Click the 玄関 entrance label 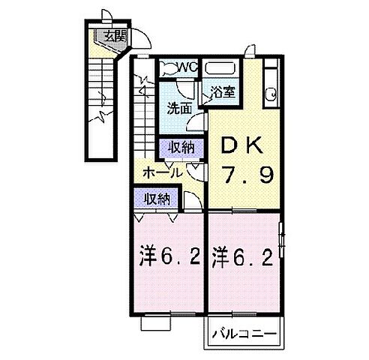coord(115,34)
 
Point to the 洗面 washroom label coord(178,107)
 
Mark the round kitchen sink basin coord(271,94)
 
